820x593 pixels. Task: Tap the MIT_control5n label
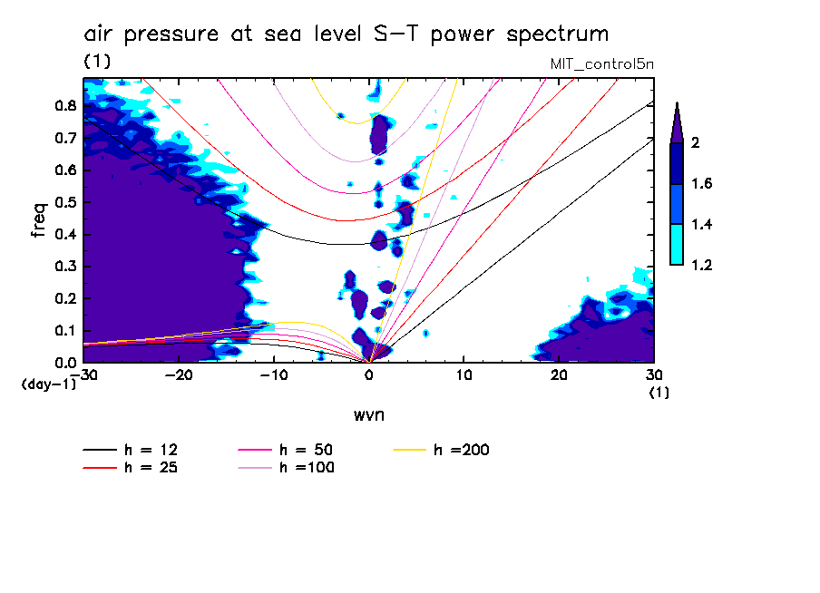point(600,64)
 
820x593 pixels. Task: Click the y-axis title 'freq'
point(38,220)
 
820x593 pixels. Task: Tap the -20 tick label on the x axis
point(179,375)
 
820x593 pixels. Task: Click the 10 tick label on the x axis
point(464,375)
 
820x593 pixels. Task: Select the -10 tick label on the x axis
point(273,375)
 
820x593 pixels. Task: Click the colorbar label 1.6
point(702,184)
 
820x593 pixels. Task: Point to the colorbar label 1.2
point(702,265)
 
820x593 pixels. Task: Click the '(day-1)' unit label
point(48,384)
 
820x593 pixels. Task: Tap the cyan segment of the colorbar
point(676,244)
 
